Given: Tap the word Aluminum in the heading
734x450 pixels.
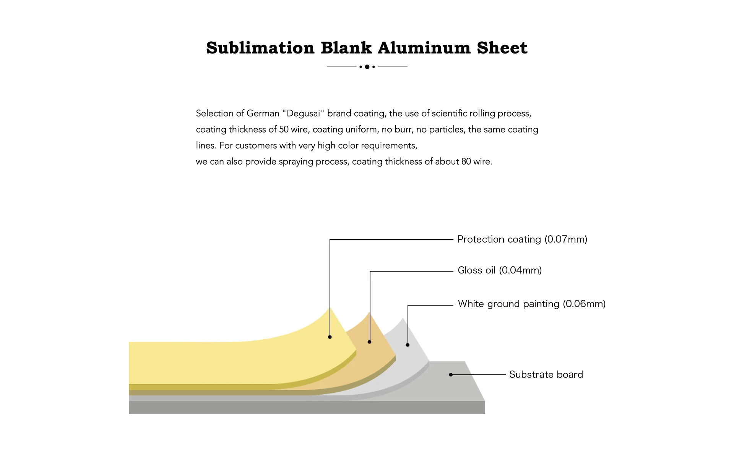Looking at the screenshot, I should click(424, 48).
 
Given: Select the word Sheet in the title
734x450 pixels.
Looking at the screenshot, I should click(502, 48).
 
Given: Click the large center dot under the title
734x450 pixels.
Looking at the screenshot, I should click(367, 67).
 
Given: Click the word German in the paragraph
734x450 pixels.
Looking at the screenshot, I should click(263, 113).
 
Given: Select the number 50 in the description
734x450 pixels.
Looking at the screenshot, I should click(284, 129).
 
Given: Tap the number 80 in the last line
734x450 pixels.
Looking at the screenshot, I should click(466, 162).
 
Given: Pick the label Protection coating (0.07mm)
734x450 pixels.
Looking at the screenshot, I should click(522, 240).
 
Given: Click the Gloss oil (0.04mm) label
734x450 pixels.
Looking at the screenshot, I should click(500, 270).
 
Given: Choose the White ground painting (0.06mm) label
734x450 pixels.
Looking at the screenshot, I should click(531, 304).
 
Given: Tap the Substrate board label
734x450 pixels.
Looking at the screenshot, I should click(546, 375).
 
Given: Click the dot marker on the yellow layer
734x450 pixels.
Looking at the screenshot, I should click(330, 337).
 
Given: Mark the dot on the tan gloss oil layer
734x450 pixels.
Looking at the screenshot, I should click(369, 342).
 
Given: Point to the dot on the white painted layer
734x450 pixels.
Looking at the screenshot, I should click(408, 345).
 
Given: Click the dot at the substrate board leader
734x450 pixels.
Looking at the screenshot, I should click(451, 375).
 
